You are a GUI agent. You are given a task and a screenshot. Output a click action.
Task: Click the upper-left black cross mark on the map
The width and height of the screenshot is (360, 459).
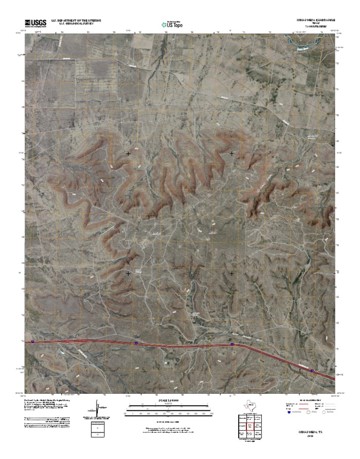128,153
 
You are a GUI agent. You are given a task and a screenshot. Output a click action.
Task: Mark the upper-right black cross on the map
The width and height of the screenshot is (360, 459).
232,153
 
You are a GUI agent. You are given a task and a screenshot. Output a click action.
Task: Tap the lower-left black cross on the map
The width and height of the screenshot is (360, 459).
128,273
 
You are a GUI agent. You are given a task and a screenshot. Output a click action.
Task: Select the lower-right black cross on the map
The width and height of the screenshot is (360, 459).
232,273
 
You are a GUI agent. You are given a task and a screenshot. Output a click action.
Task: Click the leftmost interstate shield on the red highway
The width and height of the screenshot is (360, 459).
33,342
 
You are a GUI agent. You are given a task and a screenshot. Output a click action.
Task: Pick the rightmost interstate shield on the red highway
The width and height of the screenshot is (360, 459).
312,370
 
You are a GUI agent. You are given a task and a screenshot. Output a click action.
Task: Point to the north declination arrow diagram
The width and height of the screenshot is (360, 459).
97,409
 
